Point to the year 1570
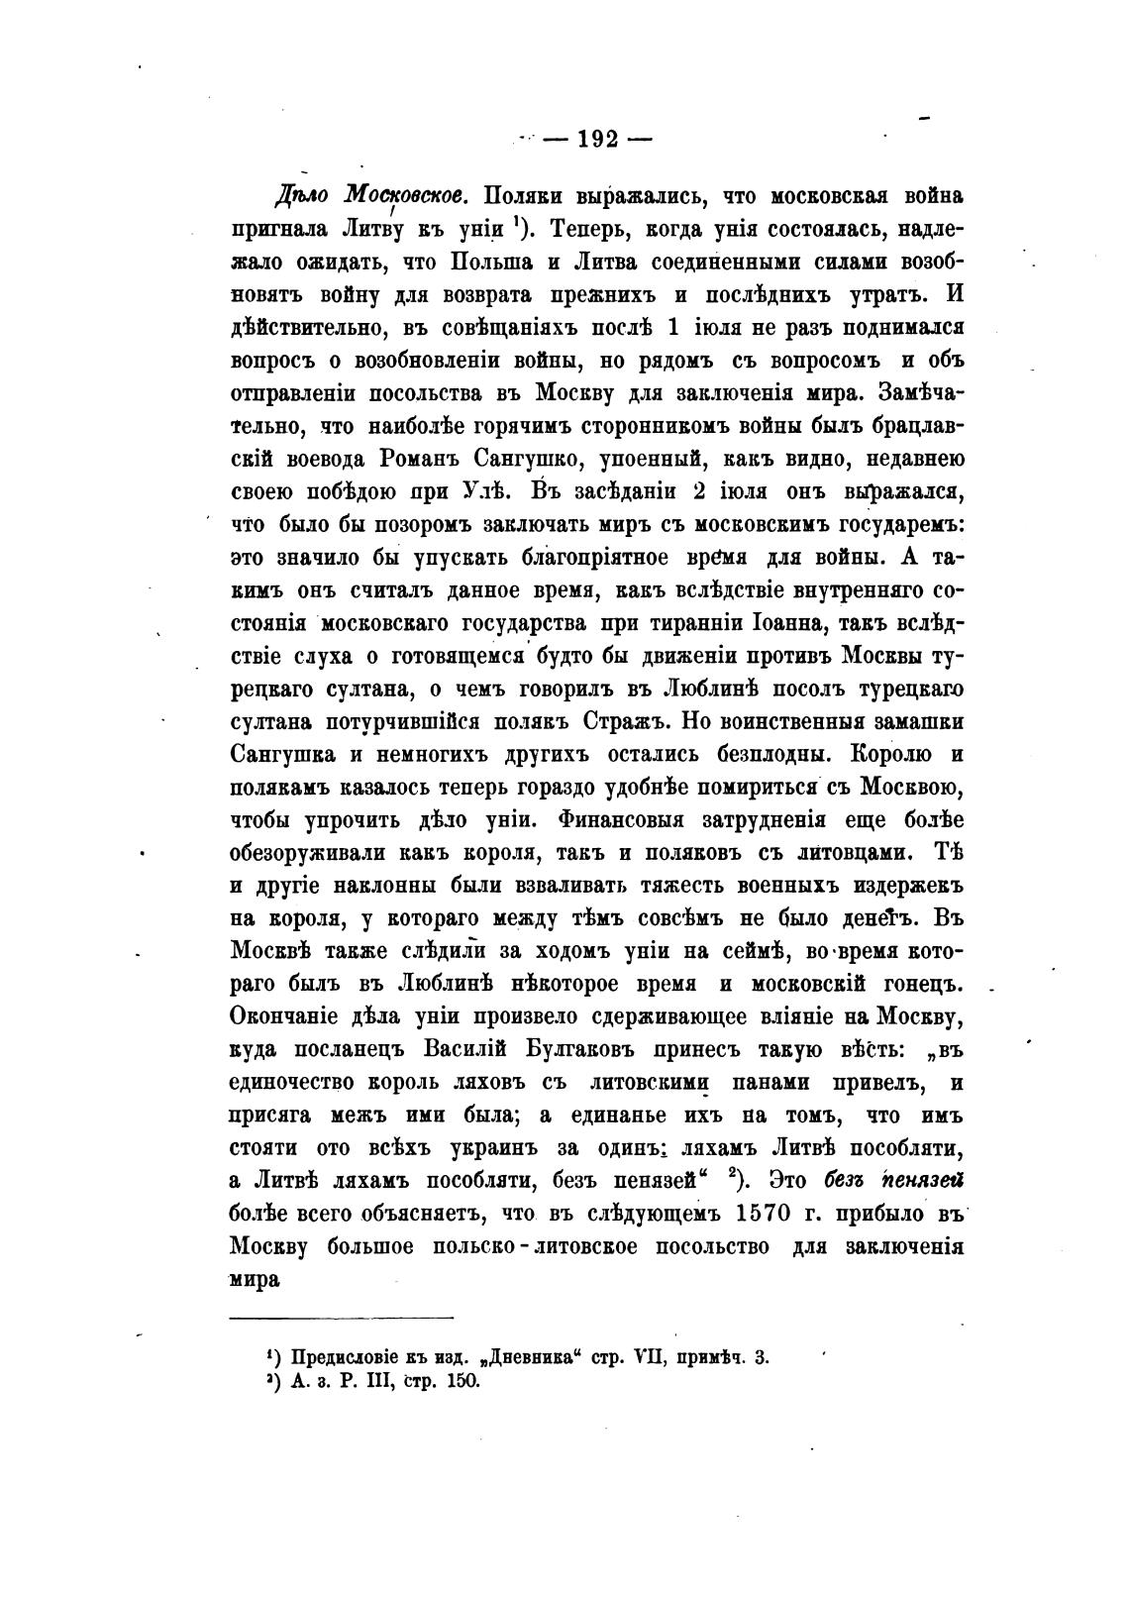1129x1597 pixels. (768, 1212)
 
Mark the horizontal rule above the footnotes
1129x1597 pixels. (341, 1318)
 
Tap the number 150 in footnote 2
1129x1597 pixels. (462, 1381)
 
